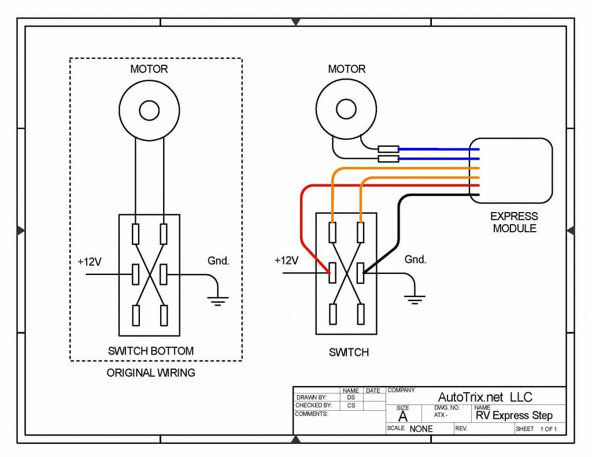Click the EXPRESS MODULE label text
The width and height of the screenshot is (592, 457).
coord(514,222)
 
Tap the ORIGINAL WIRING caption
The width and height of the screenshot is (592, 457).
coord(151,373)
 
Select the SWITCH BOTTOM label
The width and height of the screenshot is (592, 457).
coord(151,351)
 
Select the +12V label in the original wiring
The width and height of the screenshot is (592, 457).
coord(90,262)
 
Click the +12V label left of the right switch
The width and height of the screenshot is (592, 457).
coord(286,261)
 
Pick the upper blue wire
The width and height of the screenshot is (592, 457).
coord(439,149)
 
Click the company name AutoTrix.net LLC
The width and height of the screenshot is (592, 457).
coord(485,397)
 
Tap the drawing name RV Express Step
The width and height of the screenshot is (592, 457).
coord(514,415)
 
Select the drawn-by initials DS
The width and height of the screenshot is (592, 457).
coord(351,397)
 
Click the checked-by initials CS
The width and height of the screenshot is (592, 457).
coord(351,406)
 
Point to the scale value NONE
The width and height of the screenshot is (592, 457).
coord(421,429)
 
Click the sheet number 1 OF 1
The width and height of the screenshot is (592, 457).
coord(548,429)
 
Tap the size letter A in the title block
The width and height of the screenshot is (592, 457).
coord(403,417)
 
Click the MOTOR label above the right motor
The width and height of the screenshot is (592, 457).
coord(347,69)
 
